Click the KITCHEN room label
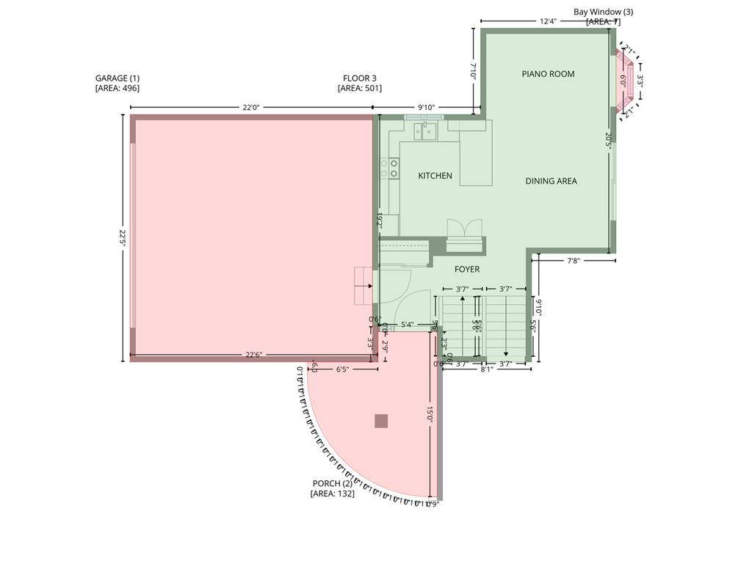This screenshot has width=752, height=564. (x=435, y=176)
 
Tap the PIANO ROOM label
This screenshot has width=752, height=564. (x=548, y=73)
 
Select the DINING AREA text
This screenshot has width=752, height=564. (x=551, y=181)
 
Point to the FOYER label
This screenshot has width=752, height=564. (x=466, y=270)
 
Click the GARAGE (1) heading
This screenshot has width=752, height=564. (x=117, y=78)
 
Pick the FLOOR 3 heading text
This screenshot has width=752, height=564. (x=360, y=78)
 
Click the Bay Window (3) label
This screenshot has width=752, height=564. (x=603, y=12)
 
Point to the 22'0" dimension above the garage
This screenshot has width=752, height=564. (x=251, y=107)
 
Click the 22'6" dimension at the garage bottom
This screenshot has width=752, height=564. (x=253, y=355)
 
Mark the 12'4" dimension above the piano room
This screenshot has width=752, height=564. (x=548, y=21)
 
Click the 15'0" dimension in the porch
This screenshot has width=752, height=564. (x=430, y=415)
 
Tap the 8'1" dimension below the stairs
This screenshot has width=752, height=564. (x=487, y=369)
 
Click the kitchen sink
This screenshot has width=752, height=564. (x=425, y=131)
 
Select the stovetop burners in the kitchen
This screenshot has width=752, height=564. (x=389, y=168)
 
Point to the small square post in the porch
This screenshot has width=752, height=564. (x=381, y=421)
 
